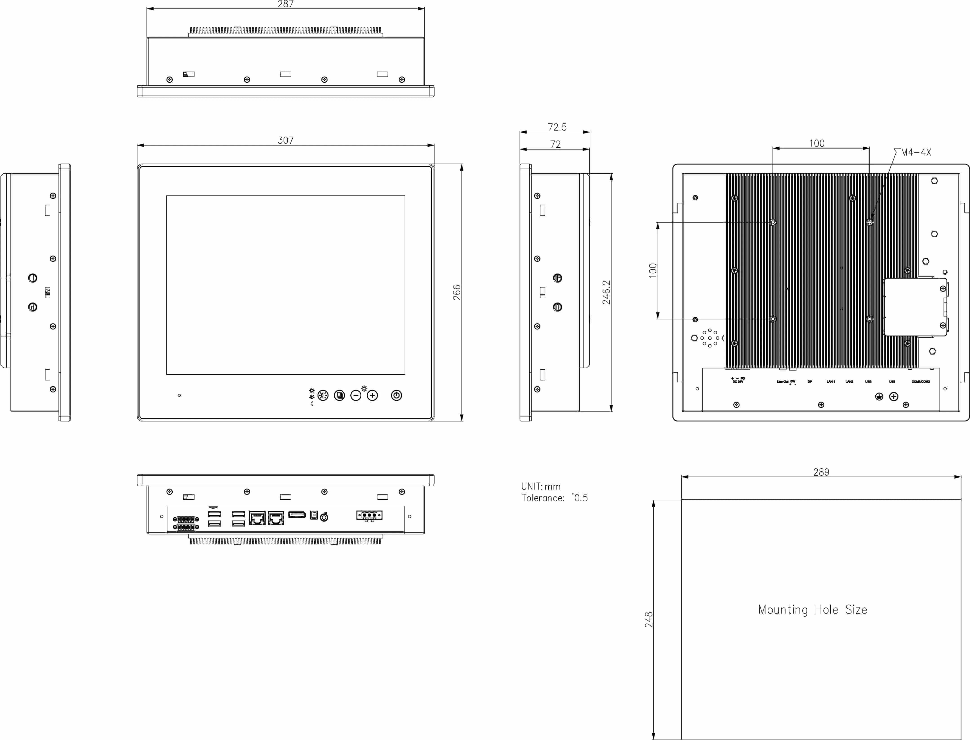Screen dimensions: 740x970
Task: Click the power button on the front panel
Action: [x=396, y=395]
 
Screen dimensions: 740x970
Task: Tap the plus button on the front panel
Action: [x=372, y=396]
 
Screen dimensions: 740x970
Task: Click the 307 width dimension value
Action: [x=286, y=140]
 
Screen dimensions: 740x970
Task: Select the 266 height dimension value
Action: [x=457, y=292]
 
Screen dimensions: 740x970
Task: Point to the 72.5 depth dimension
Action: [x=557, y=127]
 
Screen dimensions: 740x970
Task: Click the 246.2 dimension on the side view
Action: [x=606, y=292]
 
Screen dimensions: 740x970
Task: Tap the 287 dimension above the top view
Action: [x=286, y=4]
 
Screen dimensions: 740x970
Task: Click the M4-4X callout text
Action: [x=916, y=152]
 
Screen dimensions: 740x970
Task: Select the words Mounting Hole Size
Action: [x=812, y=610]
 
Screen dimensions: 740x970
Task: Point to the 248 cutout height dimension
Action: [x=649, y=619]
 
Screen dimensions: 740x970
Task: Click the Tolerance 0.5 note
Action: [x=554, y=498]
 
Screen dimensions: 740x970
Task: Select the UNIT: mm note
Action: [x=541, y=486]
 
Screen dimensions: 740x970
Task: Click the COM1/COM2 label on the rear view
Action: [x=921, y=381]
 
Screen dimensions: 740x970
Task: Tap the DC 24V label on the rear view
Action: [x=738, y=381]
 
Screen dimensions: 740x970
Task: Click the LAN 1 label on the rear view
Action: [x=831, y=381]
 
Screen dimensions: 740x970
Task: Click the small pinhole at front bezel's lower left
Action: [x=179, y=395]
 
